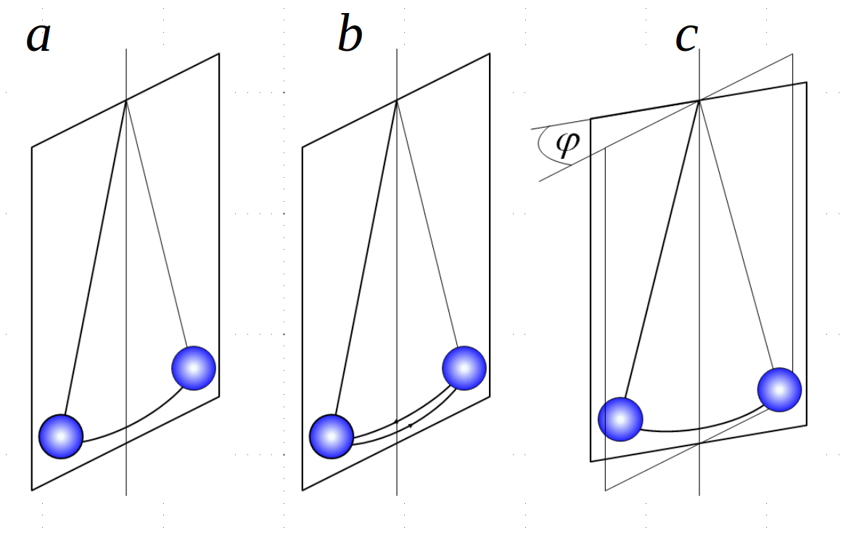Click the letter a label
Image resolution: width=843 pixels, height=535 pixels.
39,38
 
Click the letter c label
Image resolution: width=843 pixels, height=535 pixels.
686,38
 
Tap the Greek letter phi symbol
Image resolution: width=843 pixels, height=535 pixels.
567,143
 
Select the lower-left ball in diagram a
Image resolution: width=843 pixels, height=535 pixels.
62,436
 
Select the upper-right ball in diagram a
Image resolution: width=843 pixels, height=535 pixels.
194,368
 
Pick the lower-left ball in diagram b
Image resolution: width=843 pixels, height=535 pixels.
332,436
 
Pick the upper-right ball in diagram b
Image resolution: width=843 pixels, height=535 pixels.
464,368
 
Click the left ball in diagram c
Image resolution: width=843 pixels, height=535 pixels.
620,419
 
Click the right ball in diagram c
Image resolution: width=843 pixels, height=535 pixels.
779,389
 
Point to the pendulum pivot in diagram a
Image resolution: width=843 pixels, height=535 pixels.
126,99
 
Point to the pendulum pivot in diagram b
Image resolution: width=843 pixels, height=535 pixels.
397,99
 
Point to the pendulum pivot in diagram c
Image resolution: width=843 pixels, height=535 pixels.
699,100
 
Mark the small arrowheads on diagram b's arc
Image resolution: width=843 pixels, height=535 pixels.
403,423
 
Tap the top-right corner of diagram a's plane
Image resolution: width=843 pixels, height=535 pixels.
218,54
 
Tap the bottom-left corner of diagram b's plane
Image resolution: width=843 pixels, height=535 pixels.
303,490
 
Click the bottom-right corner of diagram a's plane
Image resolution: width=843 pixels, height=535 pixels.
218,396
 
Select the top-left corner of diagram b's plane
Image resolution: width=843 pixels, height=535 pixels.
303,147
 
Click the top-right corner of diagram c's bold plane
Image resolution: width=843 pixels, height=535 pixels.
806,83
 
